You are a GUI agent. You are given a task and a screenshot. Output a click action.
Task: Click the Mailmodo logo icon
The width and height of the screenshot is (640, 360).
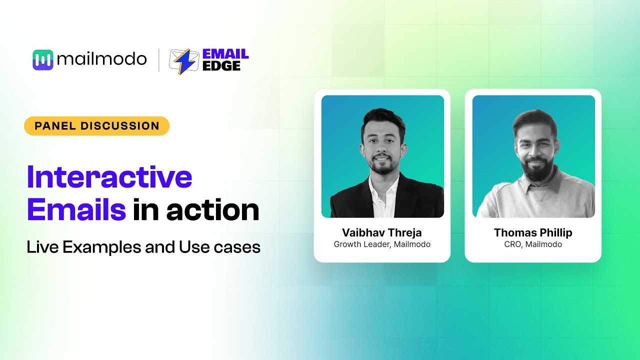click(x=42, y=60)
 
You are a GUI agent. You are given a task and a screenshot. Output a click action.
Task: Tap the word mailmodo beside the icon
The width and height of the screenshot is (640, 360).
click(x=101, y=60)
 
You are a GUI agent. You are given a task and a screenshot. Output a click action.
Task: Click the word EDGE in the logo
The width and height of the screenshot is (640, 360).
click(x=221, y=66)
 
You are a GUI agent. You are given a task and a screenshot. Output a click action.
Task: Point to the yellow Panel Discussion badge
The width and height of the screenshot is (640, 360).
click(x=96, y=126)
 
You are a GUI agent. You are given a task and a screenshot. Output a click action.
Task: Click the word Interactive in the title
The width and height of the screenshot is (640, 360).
click(x=109, y=177)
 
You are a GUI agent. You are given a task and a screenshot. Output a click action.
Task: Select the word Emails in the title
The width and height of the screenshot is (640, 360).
click(x=76, y=210)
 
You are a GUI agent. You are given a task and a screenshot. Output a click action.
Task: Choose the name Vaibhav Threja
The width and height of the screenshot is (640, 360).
click(x=382, y=233)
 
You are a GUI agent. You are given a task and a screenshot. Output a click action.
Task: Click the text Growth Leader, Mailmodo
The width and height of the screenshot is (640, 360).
click(x=382, y=244)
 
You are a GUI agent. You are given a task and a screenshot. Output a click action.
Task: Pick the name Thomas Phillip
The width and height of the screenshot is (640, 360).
click(x=533, y=233)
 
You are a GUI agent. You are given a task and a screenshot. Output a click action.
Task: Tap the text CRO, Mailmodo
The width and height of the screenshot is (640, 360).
click(x=533, y=244)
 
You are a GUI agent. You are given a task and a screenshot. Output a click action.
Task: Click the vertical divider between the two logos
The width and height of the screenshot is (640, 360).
click(x=159, y=60)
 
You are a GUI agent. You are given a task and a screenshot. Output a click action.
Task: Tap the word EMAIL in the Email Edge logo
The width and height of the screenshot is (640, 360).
click(x=225, y=54)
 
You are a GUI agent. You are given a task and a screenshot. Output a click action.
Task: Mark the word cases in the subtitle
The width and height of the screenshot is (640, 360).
click(x=243, y=247)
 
